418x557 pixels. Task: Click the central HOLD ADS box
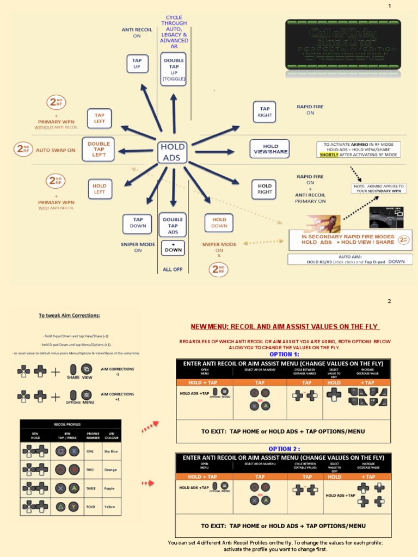173,152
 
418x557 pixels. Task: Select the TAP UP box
137,64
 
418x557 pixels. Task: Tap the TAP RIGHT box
265,112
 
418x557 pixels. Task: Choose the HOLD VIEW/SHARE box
270,149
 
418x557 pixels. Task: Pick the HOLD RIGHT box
265,189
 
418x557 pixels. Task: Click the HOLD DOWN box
219,222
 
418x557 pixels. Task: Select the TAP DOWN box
138,222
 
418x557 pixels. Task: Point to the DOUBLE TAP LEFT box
99,149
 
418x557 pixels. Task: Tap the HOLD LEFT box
99,189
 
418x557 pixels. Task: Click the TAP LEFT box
99,118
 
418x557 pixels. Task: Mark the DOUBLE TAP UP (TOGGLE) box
174,69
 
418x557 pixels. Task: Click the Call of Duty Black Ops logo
343,45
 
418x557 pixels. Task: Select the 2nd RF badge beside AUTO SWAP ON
23,149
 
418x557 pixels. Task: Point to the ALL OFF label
173,269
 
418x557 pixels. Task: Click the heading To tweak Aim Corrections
69,315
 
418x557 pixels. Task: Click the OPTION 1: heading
284,354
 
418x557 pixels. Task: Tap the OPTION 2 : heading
284,449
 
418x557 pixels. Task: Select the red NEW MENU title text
284,326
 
